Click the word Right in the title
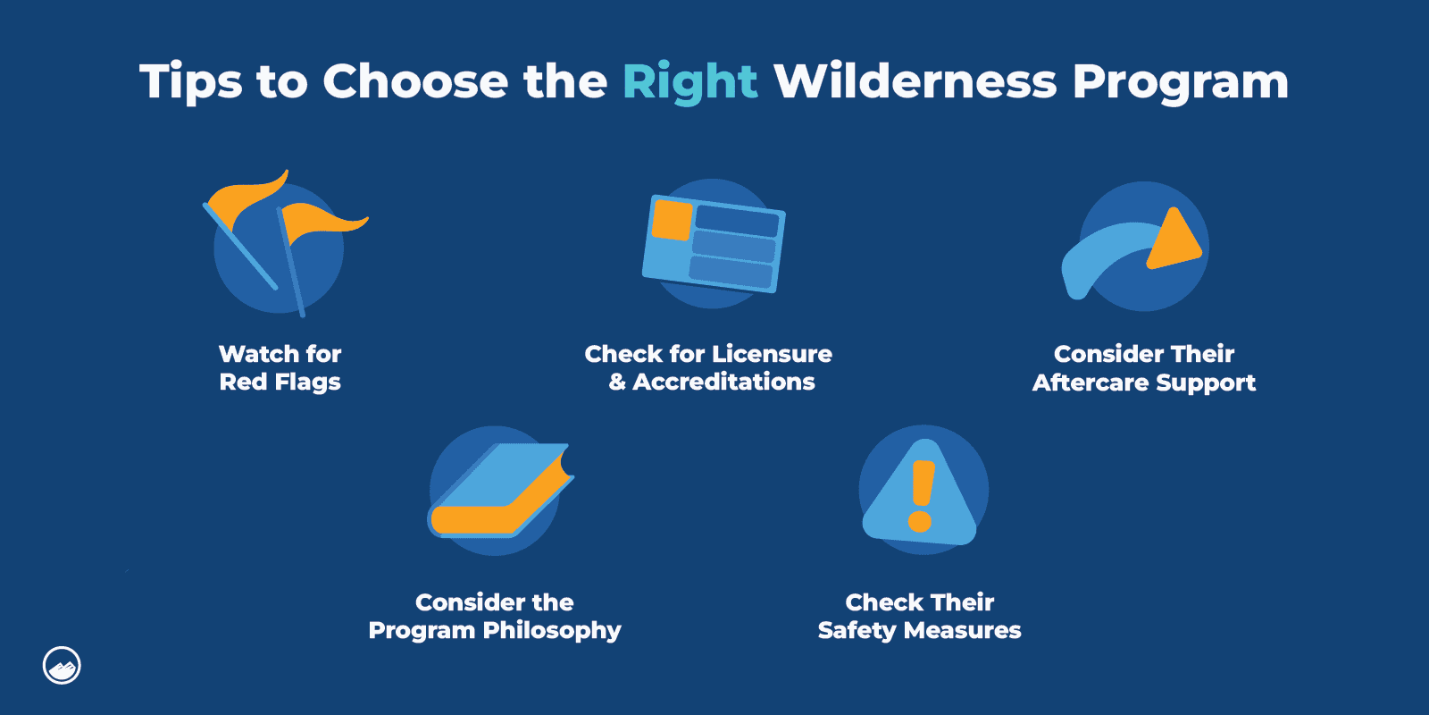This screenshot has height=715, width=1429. (689, 82)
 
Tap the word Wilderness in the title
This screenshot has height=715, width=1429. (915, 82)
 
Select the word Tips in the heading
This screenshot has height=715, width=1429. (190, 82)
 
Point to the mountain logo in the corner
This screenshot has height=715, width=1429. (62, 666)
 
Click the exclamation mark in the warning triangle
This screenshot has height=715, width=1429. (921, 496)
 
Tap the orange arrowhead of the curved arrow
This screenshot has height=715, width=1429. (1172, 241)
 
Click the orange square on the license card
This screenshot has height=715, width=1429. (673, 220)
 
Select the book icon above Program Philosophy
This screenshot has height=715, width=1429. (500, 491)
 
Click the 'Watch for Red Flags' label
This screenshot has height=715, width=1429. (280, 367)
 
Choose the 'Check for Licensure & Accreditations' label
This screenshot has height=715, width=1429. (708, 367)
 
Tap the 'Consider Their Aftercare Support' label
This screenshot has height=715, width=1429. (1144, 367)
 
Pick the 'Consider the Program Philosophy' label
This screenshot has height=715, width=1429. (495, 616)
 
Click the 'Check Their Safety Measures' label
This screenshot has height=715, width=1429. (920, 616)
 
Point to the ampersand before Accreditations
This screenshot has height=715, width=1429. (617, 382)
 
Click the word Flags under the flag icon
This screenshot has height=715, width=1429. (308, 383)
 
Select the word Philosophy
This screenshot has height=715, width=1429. (552, 631)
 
